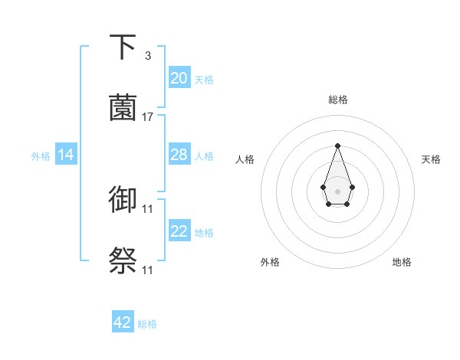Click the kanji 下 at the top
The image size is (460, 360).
(x=123, y=47)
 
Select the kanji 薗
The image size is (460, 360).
(x=123, y=108)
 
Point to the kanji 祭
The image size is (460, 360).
(x=123, y=260)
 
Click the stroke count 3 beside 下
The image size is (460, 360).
(x=147, y=56)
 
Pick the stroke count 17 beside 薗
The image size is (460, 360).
(x=148, y=117)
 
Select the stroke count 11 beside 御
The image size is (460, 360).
(x=148, y=208)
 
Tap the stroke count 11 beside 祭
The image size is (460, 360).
(x=148, y=270)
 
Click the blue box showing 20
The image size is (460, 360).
(x=179, y=78)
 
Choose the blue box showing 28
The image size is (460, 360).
(x=179, y=155)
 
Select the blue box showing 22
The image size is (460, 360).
(x=179, y=231)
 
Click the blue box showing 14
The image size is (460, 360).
(x=66, y=155)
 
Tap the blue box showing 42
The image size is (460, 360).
(x=123, y=322)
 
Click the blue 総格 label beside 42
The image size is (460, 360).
(x=147, y=324)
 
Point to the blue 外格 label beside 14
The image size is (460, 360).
(x=41, y=156)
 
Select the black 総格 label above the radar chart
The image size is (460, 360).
(x=337, y=100)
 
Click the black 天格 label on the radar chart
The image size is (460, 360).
(x=431, y=159)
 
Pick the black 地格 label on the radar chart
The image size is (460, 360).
(x=402, y=262)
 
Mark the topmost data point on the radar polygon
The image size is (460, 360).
(x=337, y=146)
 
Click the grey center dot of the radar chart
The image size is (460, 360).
(x=337, y=191)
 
